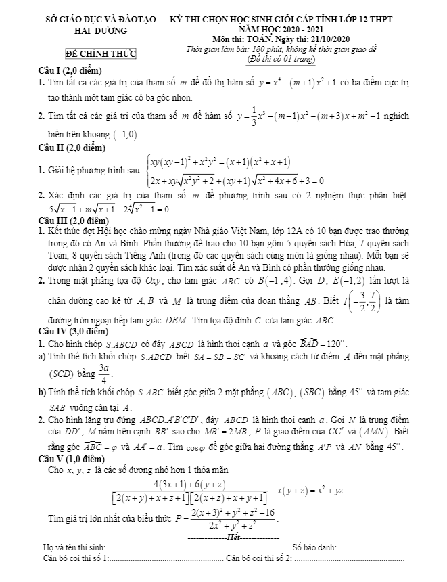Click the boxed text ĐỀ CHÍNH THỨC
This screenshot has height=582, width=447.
[x=96, y=53]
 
